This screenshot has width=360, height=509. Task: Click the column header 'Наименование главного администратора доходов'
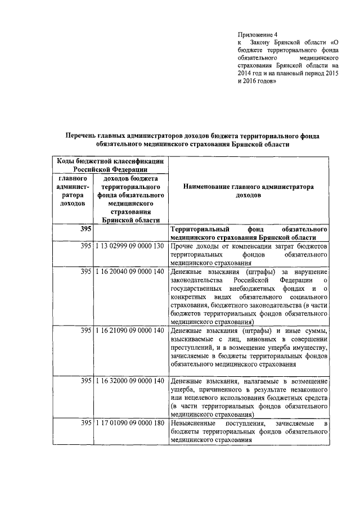point(248,192)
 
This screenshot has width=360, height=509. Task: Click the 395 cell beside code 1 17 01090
point(85,423)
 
